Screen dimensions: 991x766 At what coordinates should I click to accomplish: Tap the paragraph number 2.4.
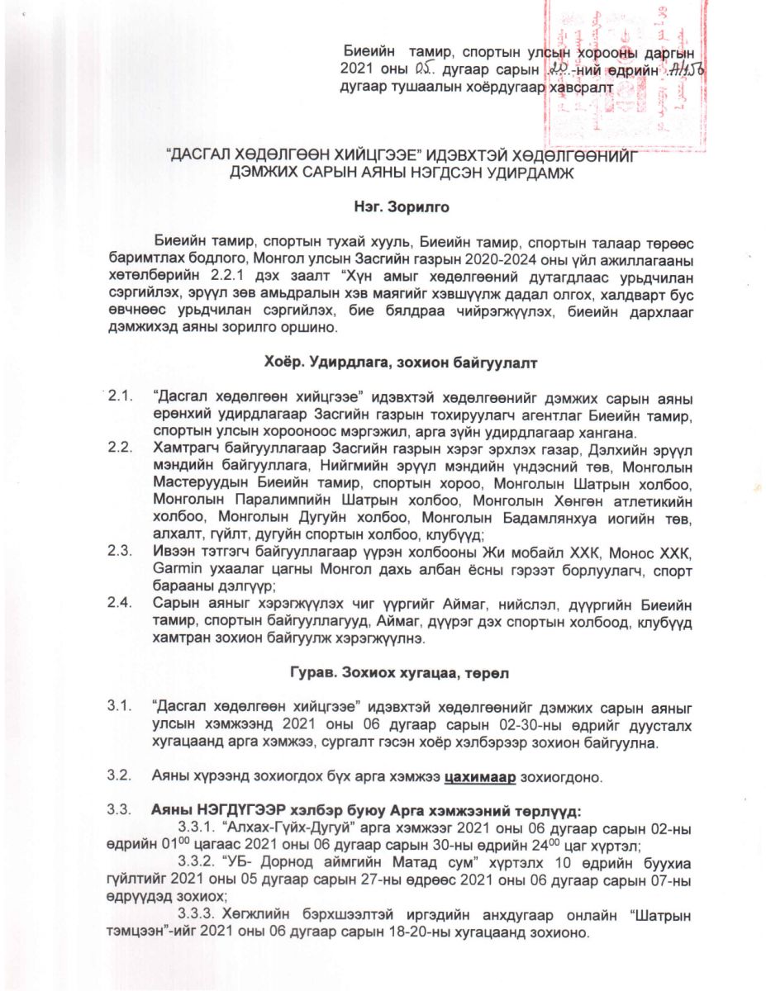[x=121, y=602]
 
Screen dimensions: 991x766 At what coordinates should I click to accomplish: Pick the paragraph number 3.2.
[x=121, y=777]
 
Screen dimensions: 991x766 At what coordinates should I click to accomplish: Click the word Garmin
[x=175, y=569]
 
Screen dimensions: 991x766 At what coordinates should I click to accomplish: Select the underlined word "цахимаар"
[x=481, y=777]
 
